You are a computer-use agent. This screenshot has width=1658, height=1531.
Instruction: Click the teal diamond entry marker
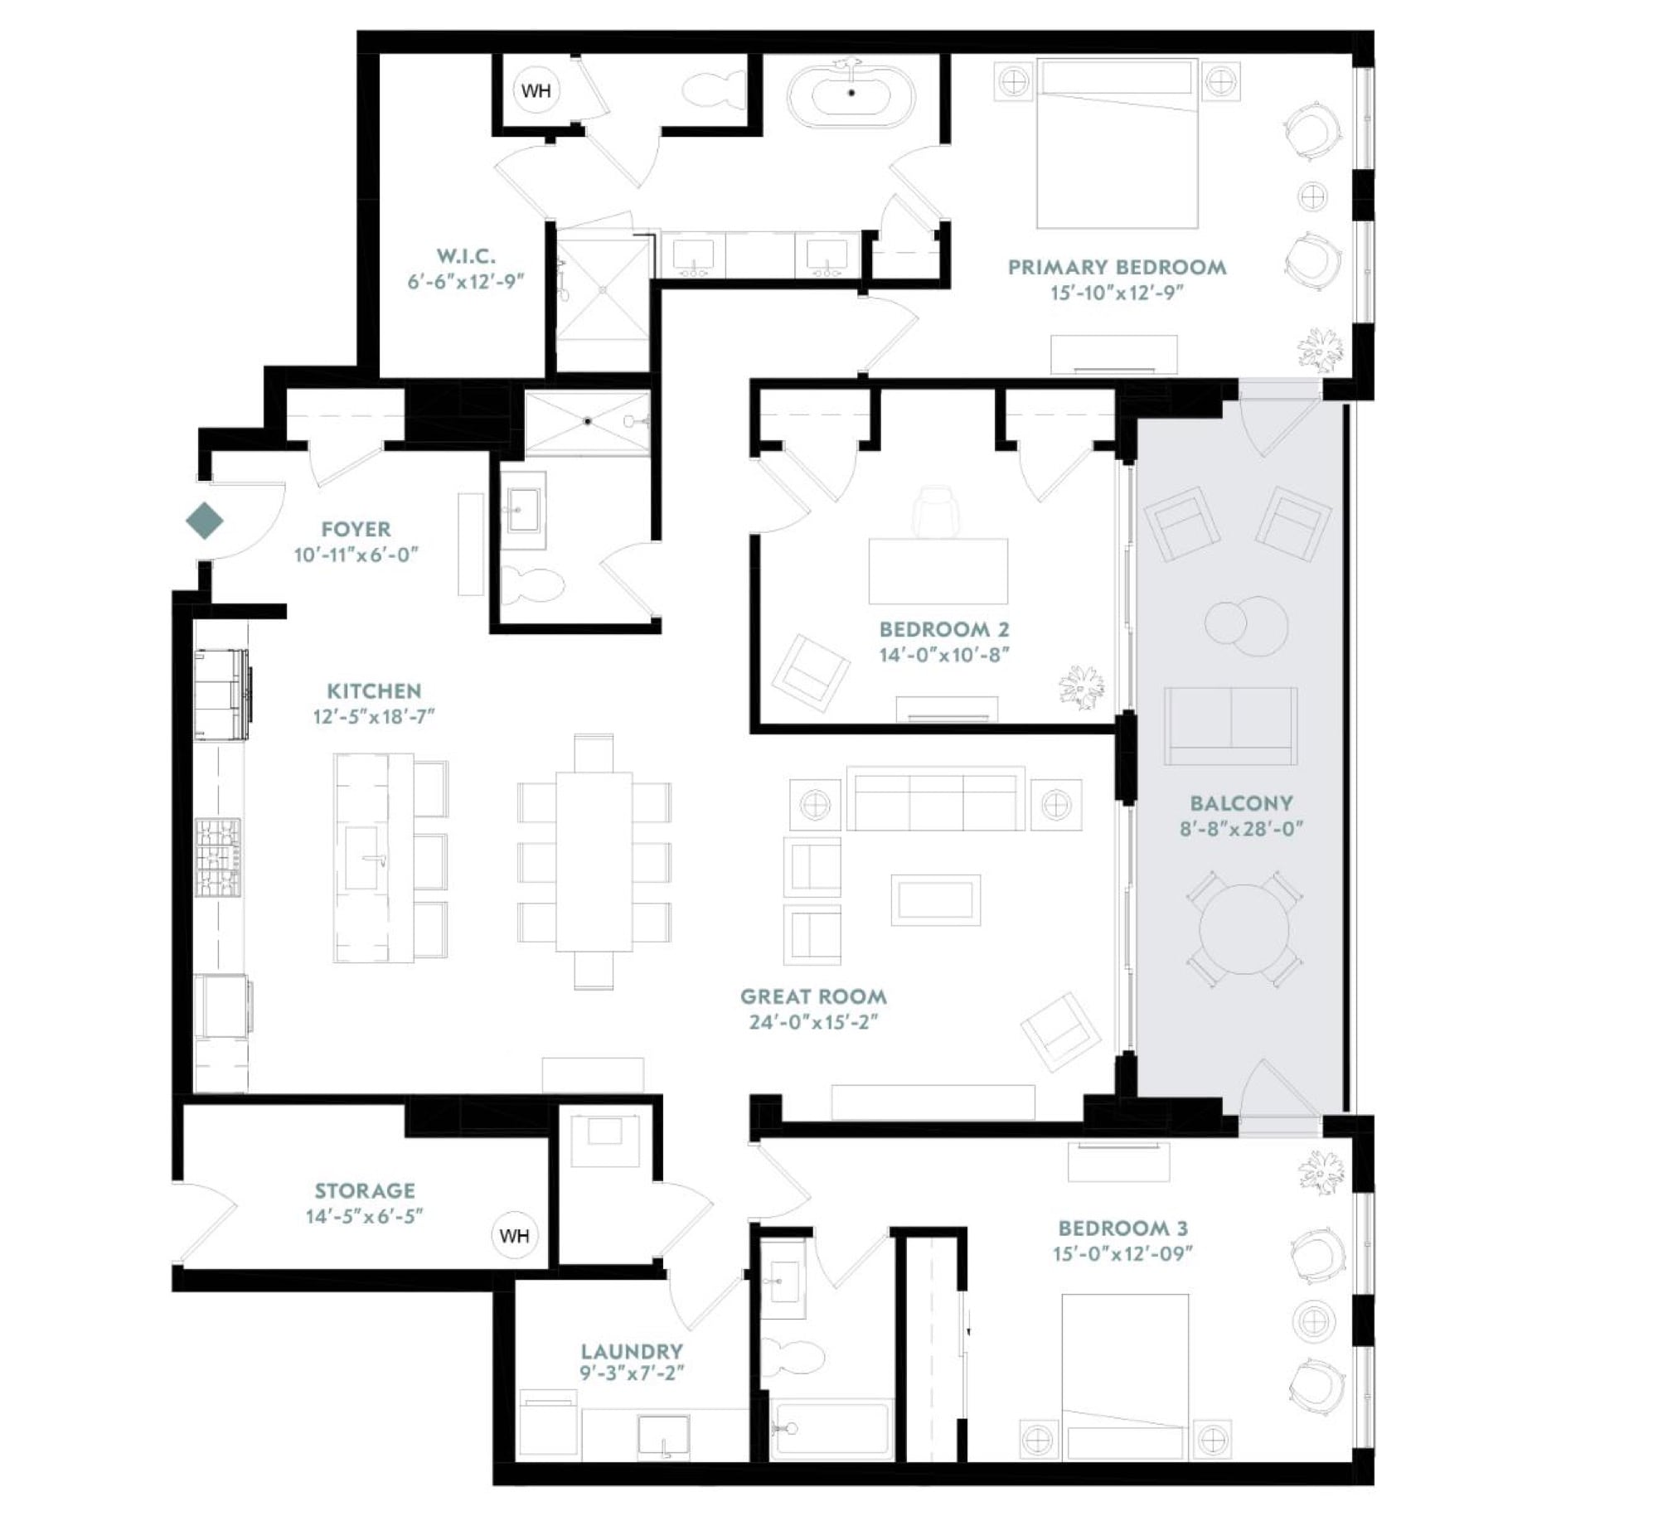pos(205,521)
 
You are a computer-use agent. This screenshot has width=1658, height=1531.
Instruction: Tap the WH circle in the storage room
pos(515,1236)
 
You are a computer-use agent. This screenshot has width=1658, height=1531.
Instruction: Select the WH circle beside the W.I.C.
pos(536,90)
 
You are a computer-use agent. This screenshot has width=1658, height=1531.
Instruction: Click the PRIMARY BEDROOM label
pos(1117,268)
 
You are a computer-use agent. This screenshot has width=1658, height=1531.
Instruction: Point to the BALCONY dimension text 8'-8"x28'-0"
pos(1241,828)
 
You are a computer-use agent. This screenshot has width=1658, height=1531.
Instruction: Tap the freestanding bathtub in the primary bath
pos(851,92)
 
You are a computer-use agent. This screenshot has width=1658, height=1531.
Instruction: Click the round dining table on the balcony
pos(1243,929)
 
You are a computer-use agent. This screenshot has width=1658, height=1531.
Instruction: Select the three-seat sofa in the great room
pos(936,798)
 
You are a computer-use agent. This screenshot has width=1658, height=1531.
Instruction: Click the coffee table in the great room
pos(936,900)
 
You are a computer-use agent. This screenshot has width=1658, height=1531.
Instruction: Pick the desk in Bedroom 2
pos(938,571)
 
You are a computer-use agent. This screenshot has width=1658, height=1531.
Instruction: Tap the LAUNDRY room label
pos(632,1351)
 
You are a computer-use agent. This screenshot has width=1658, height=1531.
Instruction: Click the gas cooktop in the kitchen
pos(219,858)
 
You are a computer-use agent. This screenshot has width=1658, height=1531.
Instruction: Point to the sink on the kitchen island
pos(366,858)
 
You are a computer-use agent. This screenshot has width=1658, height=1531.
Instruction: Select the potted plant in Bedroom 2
pos(1082,687)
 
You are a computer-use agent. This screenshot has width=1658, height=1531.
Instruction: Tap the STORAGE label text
pos(365,1191)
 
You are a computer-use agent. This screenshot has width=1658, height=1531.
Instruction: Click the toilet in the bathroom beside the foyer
pos(533,585)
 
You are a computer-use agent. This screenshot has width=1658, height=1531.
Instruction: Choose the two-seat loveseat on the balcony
pos(1231,725)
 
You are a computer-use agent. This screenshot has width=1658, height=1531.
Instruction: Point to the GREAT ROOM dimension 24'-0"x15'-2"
pos(813,1022)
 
